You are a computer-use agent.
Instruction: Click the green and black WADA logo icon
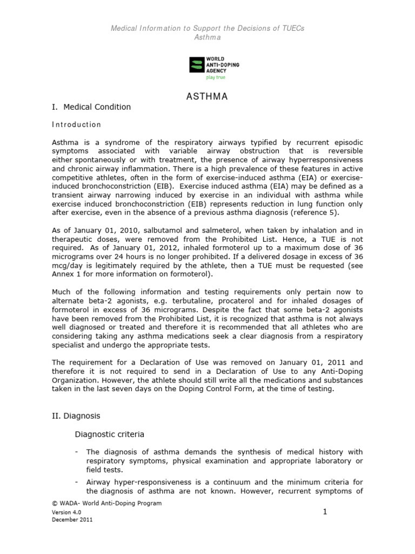pos(195,65)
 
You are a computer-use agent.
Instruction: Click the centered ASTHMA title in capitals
pos(207,97)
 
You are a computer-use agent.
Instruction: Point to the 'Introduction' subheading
pos(76,124)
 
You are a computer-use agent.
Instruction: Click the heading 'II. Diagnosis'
pos(76,417)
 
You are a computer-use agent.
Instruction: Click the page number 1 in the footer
pos(325,511)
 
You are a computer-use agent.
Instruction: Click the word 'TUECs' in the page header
pos(292,28)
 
